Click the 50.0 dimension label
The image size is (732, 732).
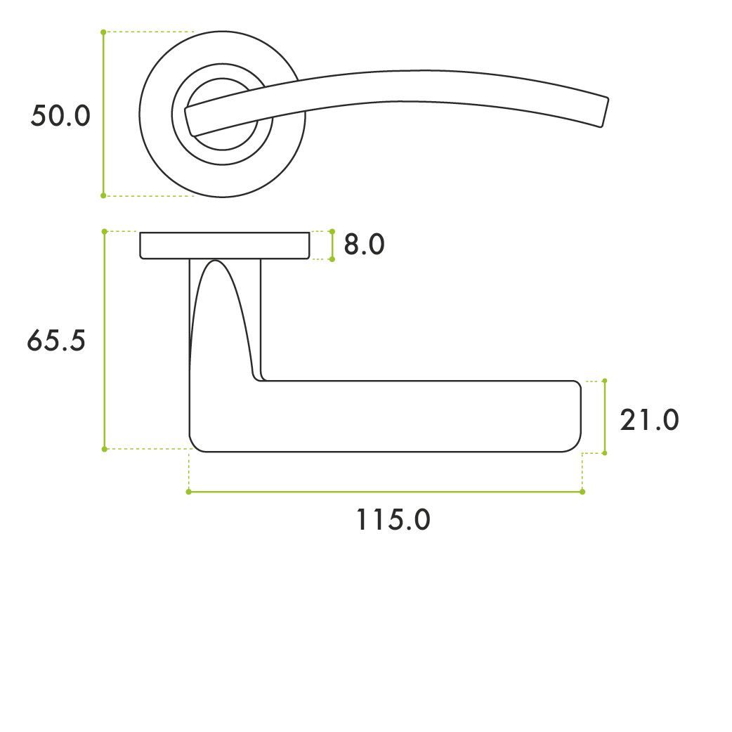[x=60, y=116]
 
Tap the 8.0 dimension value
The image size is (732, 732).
[x=364, y=244]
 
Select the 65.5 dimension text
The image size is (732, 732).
[x=56, y=340]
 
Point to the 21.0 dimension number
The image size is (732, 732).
[x=649, y=419]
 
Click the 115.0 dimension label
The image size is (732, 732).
[x=393, y=520]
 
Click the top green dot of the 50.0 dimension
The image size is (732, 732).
[x=104, y=32]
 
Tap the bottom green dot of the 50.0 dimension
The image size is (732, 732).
[x=104, y=195]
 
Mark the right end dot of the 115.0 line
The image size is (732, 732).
[x=582, y=492]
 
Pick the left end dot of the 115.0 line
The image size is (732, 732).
[x=188, y=492]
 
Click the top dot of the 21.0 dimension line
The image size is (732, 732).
[x=605, y=381]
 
